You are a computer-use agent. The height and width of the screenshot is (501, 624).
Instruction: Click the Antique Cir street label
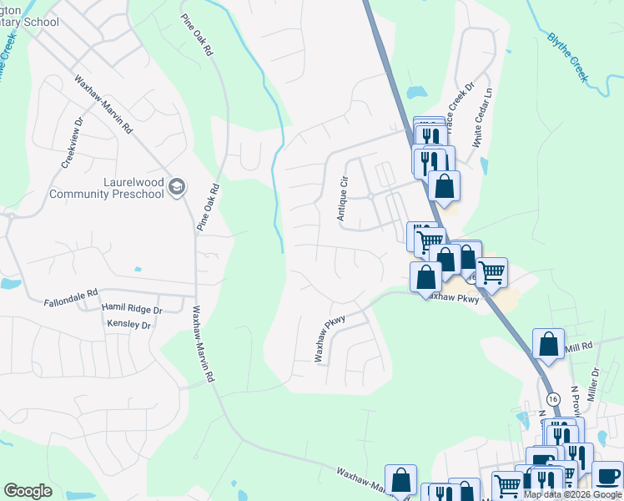tap(341, 199)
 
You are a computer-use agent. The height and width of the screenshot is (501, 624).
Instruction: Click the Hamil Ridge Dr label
tap(131, 309)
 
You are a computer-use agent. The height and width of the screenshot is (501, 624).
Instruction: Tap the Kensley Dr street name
tap(128, 324)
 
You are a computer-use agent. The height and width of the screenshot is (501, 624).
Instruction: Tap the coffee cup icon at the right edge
tap(608, 477)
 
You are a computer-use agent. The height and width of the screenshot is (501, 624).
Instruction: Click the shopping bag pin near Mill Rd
tap(547, 345)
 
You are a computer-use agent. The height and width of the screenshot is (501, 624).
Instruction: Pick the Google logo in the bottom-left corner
tap(28, 491)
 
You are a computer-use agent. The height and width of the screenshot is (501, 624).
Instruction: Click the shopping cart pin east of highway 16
tap(491, 272)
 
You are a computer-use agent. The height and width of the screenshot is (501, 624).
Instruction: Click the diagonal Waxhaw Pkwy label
tap(330, 337)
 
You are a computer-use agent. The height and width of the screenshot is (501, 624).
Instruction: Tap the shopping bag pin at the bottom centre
tap(401, 480)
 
